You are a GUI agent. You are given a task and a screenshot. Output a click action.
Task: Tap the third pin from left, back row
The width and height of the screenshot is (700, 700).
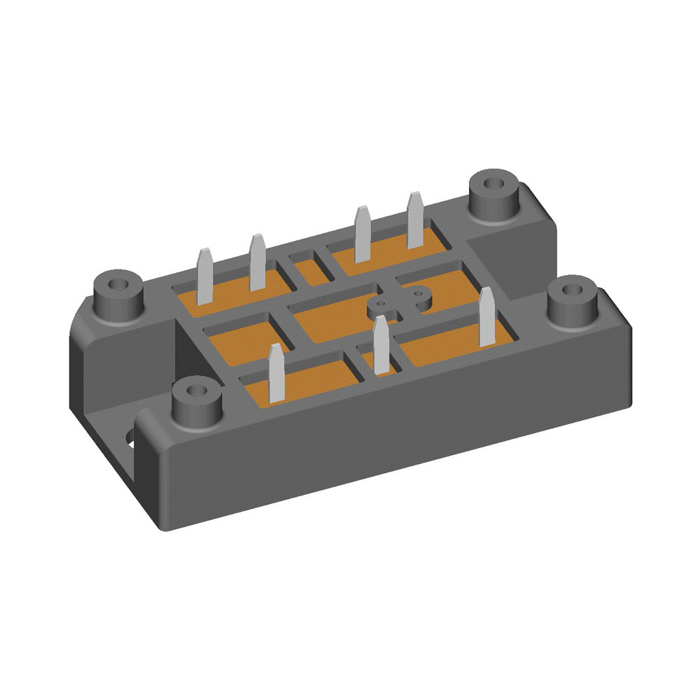click(362, 234)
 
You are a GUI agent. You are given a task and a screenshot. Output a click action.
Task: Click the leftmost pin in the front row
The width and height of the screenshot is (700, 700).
click(276, 372)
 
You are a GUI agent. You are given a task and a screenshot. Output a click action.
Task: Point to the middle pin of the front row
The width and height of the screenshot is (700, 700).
click(381, 343)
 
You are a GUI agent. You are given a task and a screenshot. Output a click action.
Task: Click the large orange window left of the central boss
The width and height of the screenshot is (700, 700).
click(329, 318)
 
